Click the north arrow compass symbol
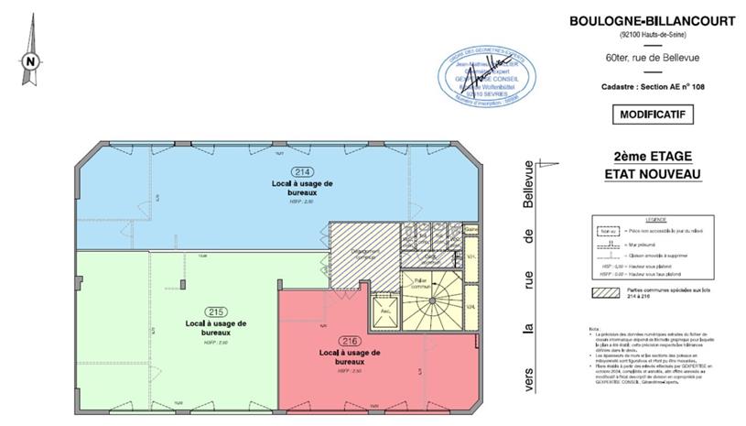pyautogui.click(x=30, y=60)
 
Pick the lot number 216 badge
pyautogui.click(x=350, y=341)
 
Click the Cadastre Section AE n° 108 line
pyautogui.click(x=647, y=86)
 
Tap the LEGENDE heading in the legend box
pyautogui.click(x=655, y=220)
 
